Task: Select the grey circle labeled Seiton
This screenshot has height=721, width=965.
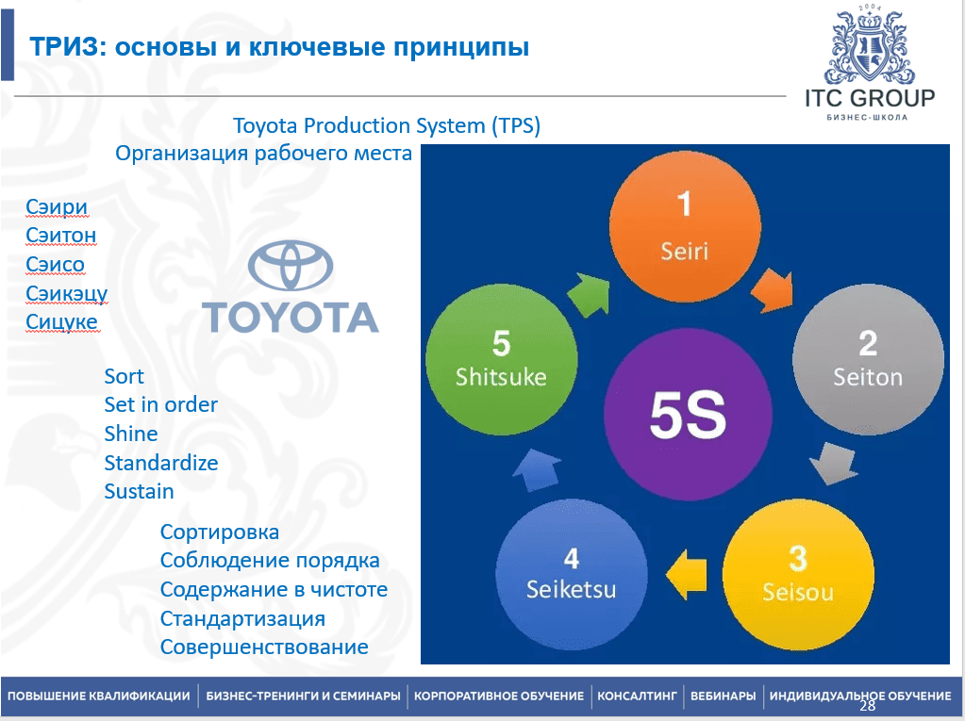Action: [x=868, y=359]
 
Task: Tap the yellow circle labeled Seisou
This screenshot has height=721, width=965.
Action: [x=798, y=575]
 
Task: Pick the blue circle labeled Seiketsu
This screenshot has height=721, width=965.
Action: [x=571, y=575]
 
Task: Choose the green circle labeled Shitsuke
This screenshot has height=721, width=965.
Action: [x=502, y=359]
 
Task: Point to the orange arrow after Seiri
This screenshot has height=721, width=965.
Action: [x=773, y=290]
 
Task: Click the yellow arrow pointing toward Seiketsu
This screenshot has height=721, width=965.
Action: [x=686, y=574]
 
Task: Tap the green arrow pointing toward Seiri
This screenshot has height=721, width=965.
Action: [x=588, y=294]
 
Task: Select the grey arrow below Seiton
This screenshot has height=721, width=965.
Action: [x=834, y=463]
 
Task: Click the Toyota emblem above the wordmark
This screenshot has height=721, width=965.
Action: [x=291, y=266]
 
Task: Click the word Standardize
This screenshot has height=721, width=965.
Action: [x=161, y=463]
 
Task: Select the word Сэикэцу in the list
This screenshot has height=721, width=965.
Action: [x=66, y=294]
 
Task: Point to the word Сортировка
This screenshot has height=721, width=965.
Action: [x=220, y=532]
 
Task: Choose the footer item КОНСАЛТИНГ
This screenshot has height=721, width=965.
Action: [x=637, y=696]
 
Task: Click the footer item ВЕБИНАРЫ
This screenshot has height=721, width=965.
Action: [x=724, y=696]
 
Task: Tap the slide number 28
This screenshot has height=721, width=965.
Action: [x=867, y=706]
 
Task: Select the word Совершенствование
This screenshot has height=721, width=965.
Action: [x=264, y=647]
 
